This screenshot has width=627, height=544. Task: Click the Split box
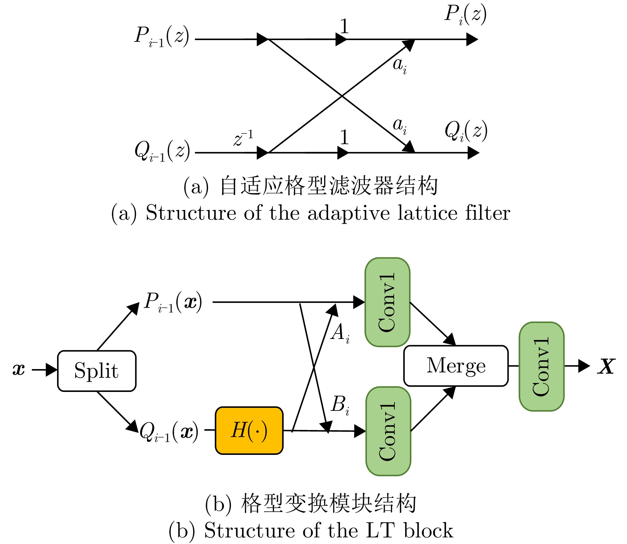click(97, 371)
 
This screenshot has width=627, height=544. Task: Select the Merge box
click(456, 366)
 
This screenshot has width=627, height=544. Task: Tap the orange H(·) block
click(249, 430)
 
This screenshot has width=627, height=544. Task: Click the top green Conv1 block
click(387, 302)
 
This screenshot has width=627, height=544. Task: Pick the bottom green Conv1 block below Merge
click(388, 431)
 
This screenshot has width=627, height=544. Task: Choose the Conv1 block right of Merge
click(541, 366)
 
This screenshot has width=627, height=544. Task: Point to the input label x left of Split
click(19, 369)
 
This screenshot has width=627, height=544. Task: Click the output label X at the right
click(606, 366)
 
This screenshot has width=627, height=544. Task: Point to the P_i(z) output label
click(465, 15)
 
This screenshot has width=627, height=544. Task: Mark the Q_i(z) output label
click(466, 131)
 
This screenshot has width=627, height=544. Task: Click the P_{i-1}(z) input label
click(162, 36)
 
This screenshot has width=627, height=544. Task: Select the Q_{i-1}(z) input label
click(162, 151)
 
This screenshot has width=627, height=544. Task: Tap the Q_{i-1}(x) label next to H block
click(169, 432)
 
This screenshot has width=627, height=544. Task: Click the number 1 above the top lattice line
click(344, 26)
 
